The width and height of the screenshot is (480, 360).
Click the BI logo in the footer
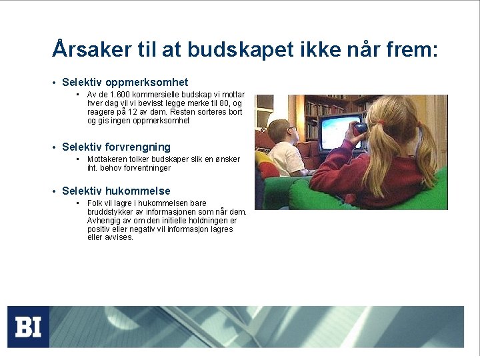tap(28, 327)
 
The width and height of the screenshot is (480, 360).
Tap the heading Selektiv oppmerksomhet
tap(125, 83)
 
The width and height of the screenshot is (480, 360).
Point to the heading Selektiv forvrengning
tap(116, 147)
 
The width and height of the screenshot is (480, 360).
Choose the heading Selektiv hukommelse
tap(116, 191)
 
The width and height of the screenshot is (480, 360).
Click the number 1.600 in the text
tap(127, 95)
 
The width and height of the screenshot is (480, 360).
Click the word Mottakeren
tap(108, 159)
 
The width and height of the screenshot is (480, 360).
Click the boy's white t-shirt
tap(285, 159)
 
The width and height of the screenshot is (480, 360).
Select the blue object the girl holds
tap(360, 128)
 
